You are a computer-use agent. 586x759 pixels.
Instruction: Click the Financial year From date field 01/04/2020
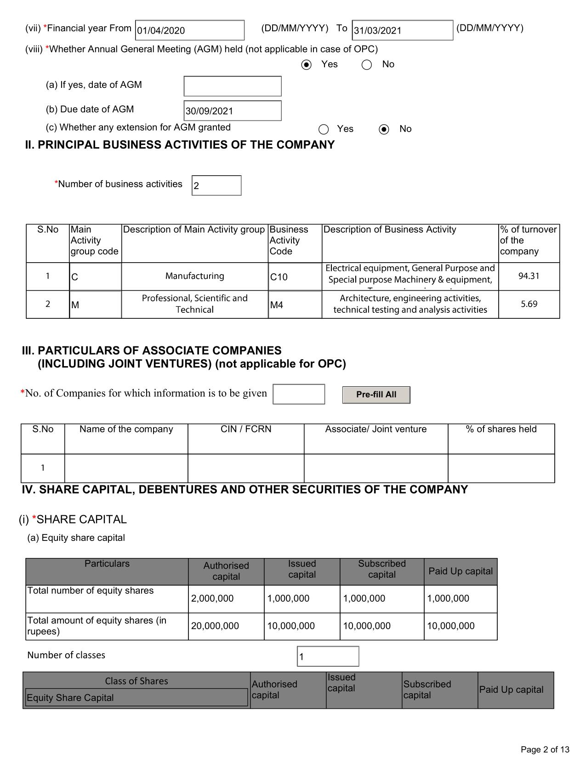pos(189,30)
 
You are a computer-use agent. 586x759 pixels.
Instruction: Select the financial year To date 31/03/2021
pos(402,30)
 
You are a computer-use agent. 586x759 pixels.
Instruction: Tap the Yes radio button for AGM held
pos(306,65)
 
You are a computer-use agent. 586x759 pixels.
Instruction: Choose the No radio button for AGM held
pos(367,65)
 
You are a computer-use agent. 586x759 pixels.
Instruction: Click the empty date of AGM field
pos(232,86)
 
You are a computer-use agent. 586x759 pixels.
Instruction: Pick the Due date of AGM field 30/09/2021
pos(232,111)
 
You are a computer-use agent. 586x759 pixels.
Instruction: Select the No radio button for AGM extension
pos(384,129)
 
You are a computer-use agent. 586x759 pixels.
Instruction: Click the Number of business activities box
pos(216,185)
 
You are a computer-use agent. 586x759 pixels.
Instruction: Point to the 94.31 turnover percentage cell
pos(529,276)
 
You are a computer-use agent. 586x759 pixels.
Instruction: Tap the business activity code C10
pos(295,277)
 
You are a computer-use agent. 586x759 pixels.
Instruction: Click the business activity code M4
pos(295,305)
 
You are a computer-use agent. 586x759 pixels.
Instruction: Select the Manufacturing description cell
pos(194,276)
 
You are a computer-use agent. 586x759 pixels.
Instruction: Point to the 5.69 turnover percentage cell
pos(529,304)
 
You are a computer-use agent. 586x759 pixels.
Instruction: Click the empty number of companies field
pos(299,394)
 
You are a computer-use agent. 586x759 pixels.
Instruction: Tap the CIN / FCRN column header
pos(246,430)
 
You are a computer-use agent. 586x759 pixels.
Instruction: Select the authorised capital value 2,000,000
pos(226,598)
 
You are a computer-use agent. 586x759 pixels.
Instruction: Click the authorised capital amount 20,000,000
pos(226,626)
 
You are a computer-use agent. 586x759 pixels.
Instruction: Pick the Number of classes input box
pos(328,656)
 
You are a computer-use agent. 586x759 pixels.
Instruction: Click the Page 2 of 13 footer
pos(545,749)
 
